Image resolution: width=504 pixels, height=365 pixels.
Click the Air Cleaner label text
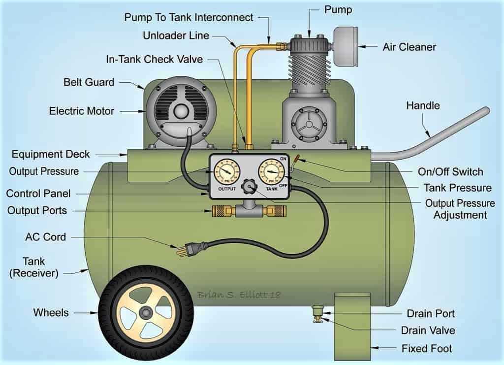pos(409,47)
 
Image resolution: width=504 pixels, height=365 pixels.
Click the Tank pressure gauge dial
pos(271,172)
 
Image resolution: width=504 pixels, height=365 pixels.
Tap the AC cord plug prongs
pos(181,251)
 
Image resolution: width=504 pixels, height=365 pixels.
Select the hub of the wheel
pos(146,312)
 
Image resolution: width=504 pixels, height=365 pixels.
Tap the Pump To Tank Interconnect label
pos(189,18)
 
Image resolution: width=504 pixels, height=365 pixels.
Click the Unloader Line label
pos(176,35)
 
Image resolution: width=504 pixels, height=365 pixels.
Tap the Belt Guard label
pos(89,82)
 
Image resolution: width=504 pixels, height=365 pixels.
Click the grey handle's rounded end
pos(485,111)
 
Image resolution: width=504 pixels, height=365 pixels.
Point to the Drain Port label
pos(430,313)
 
